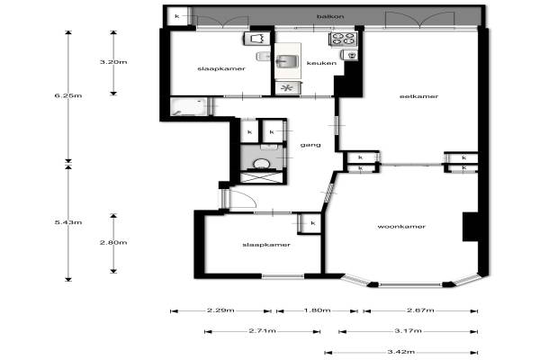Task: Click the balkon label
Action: (x=330, y=16)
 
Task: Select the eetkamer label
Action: (x=418, y=96)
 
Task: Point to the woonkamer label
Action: (x=401, y=227)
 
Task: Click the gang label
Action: (x=310, y=145)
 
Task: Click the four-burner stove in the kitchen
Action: (x=344, y=39)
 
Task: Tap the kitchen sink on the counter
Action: (x=286, y=61)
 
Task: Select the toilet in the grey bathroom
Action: (x=262, y=164)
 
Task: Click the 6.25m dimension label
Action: (x=68, y=95)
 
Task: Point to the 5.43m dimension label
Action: (x=68, y=222)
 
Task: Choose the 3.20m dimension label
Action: (x=113, y=62)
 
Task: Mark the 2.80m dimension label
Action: (x=113, y=242)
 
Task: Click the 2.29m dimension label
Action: (x=220, y=310)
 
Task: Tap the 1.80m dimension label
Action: (x=317, y=310)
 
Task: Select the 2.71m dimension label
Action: (x=263, y=331)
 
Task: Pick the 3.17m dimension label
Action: (x=408, y=331)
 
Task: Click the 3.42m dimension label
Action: (x=401, y=352)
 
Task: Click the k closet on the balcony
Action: (x=177, y=16)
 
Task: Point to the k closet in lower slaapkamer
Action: (x=311, y=223)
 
